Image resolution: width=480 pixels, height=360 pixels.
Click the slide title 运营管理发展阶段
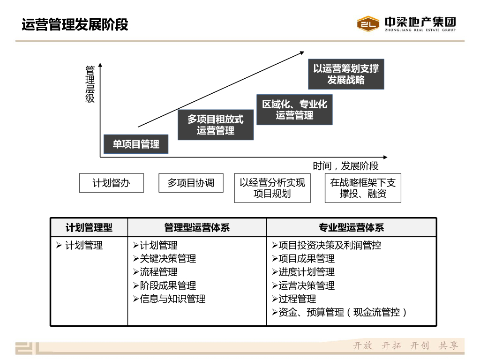[75, 24]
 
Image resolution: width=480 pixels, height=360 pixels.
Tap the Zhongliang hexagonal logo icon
[368, 24]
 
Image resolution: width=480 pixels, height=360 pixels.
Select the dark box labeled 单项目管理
[135, 144]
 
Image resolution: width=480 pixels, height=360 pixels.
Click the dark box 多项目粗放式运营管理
[216, 125]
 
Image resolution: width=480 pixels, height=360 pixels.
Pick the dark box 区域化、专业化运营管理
[294, 110]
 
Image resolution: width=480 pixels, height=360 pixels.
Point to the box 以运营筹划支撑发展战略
[346, 74]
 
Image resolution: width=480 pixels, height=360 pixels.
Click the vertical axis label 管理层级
[90, 84]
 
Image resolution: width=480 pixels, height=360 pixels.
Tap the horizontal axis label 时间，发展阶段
[345, 166]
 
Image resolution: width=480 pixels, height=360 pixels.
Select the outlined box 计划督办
[111, 183]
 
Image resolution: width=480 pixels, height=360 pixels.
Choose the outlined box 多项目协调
[191, 183]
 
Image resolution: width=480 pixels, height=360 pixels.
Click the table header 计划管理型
[89, 228]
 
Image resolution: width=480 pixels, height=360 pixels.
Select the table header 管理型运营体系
[197, 228]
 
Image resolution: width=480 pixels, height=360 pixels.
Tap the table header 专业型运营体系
[352, 228]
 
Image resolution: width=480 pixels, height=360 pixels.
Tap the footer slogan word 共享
[448, 346]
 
